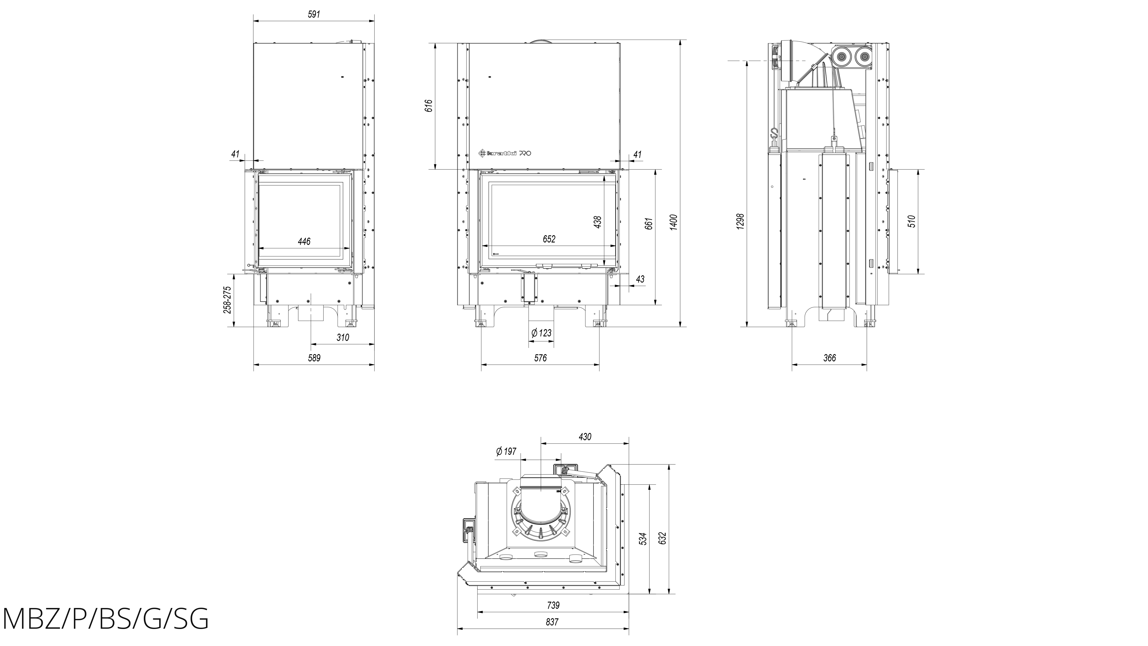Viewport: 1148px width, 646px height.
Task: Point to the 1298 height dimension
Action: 740,222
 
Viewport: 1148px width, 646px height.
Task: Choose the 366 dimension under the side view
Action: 829,357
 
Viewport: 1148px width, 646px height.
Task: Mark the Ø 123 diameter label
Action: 541,333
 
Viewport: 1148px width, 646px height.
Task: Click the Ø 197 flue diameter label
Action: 506,451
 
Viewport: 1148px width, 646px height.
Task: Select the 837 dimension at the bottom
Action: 552,622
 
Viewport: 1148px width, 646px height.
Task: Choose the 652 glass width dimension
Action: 549,239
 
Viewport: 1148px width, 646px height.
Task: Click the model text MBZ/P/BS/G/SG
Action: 106,619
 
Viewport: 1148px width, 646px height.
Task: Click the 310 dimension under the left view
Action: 342,337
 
